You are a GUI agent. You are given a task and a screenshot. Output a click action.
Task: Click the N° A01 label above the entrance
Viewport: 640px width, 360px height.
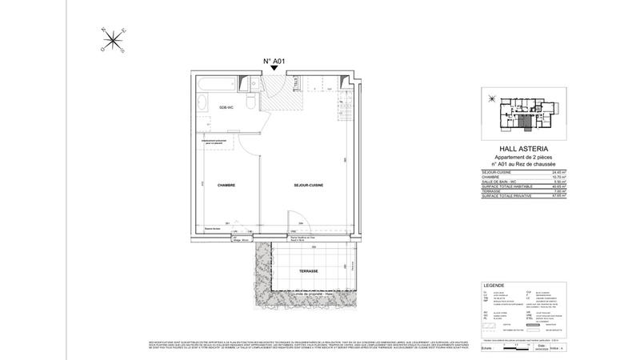[274, 61]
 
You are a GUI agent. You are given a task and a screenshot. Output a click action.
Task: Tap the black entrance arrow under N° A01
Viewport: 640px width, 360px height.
[274, 70]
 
